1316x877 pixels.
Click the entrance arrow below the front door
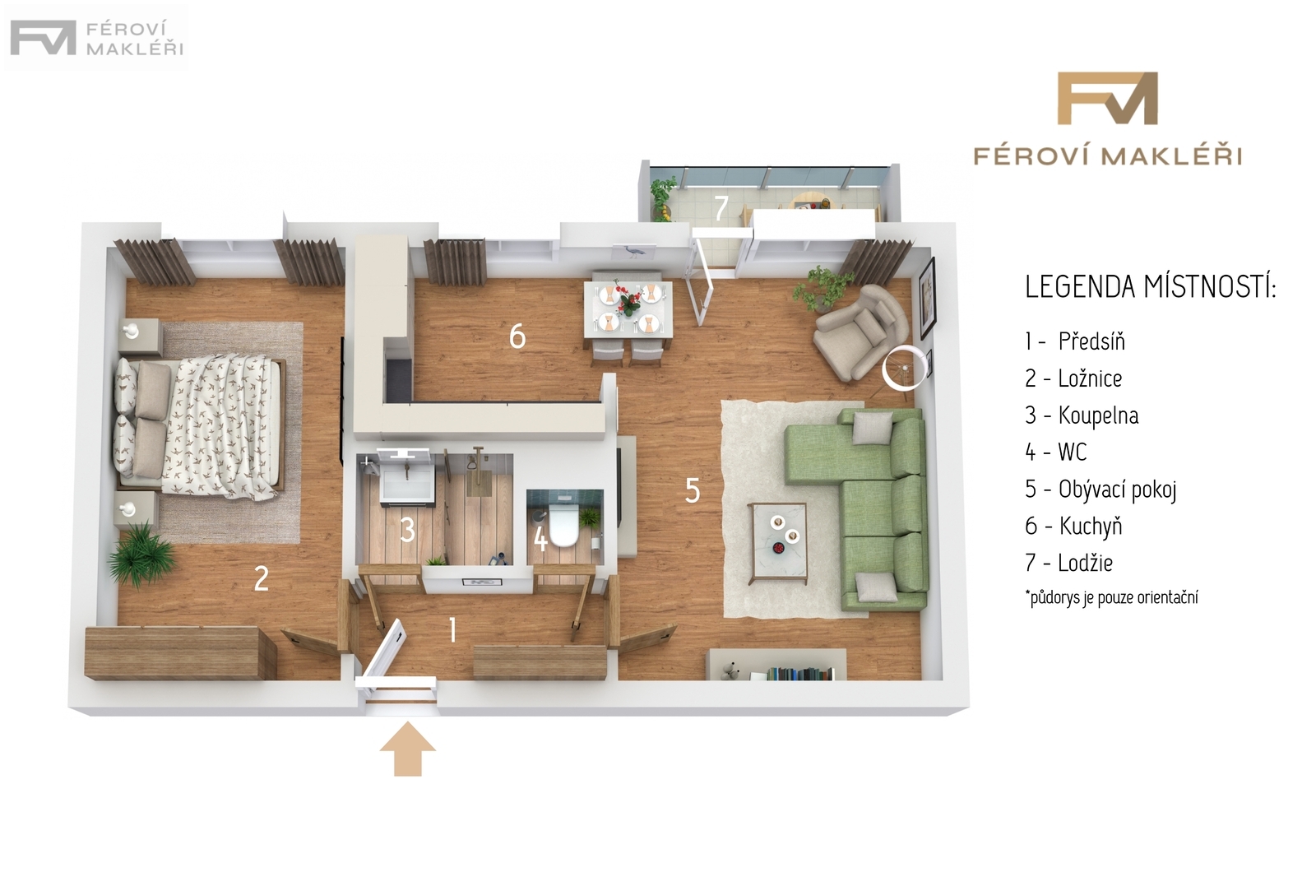click(x=408, y=749)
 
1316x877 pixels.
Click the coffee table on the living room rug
click(x=777, y=543)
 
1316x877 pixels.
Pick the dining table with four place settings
click(x=628, y=309)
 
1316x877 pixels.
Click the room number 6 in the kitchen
click(x=517, y=336)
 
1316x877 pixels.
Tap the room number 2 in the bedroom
click(x=261, y=578)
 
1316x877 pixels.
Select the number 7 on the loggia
click(x=721, y=207)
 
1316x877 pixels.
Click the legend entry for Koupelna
click(x=1082, y=415)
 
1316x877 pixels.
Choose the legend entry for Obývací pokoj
click(x=1101, y=490)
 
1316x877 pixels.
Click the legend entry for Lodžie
click(x=1068, y=563)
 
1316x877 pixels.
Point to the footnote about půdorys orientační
click(x=1111, y=598)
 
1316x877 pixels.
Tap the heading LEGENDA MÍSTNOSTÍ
click(x=1151, y=287)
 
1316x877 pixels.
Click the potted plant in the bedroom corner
click(x=141, y=554)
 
